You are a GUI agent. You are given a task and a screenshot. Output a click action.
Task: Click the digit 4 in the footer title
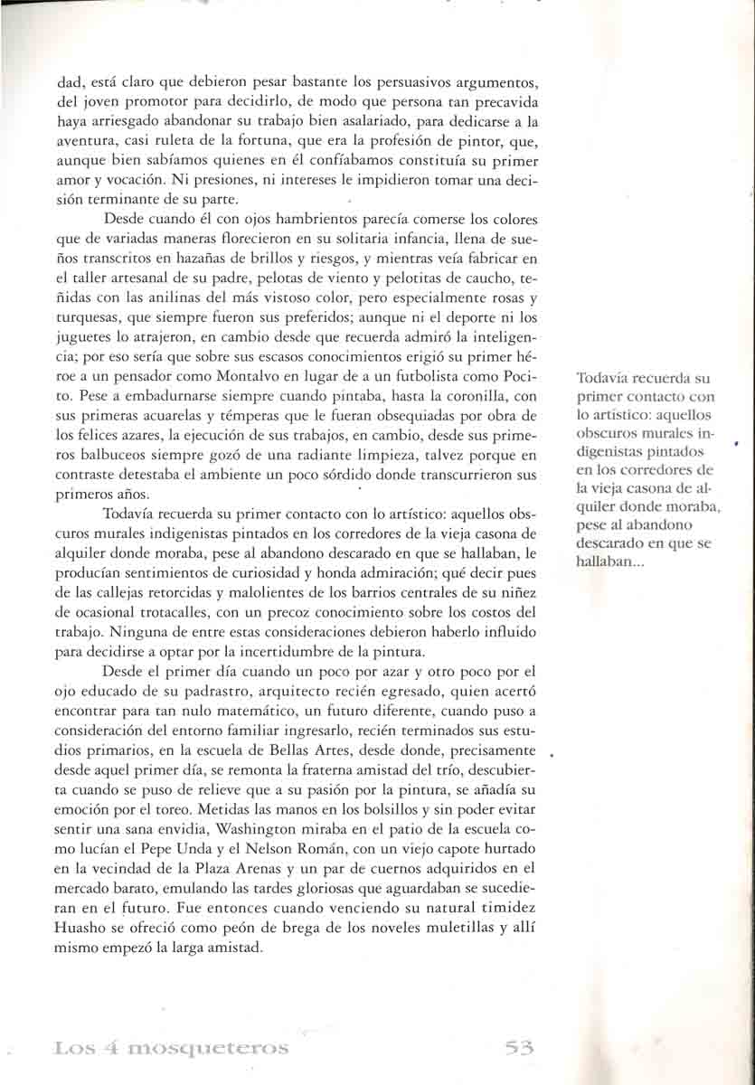pos(93,1049)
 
